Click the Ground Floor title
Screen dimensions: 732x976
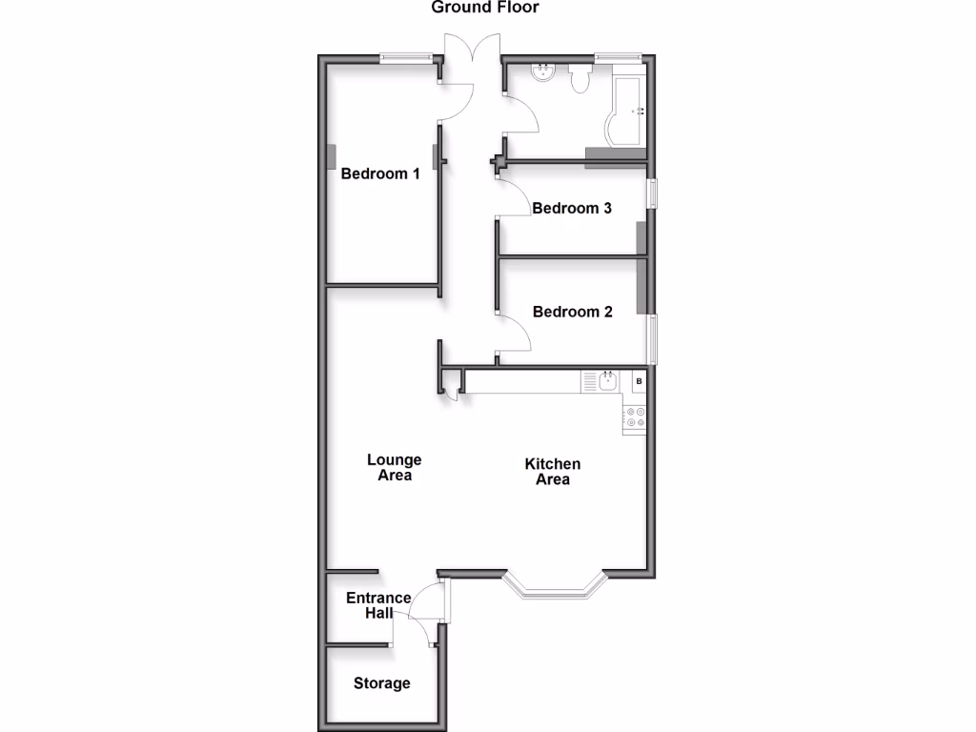click(485, 8)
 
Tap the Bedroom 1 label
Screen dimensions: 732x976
click(380, 173)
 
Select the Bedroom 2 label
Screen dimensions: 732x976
click(572, 312)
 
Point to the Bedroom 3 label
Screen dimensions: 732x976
click(572, 208)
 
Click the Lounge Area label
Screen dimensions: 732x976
click(394, 467)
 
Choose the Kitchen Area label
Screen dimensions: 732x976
click(553, 471)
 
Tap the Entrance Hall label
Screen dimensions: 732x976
click(378, 605)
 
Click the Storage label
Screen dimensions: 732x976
click(382, 682)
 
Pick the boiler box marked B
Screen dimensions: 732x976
click(639, 382)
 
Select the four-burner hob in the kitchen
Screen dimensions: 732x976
click(635, 417)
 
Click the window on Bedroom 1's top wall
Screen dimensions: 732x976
click(404, 58)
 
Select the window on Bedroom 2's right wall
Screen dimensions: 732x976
click(653, 339)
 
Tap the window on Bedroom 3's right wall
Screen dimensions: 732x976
click(653, 193)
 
